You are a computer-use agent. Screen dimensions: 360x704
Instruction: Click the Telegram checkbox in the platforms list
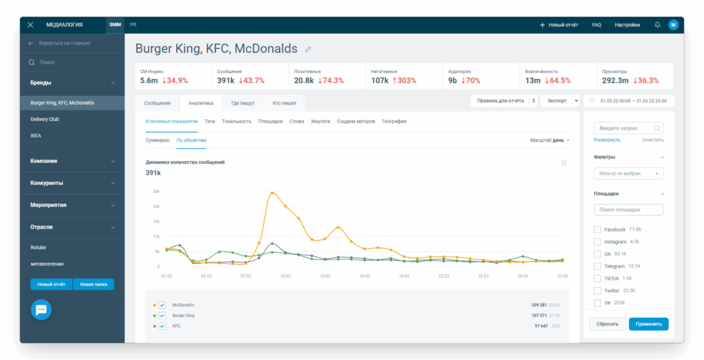click(x=597, y=266)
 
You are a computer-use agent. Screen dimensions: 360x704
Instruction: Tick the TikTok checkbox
click(x=597, y=279)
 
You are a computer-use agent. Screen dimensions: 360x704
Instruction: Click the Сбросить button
click(x=608, y=324)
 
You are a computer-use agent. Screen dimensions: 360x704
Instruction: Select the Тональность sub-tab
click(x=236, y=122)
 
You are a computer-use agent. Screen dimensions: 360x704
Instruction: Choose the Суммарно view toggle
click(x=157, y=140)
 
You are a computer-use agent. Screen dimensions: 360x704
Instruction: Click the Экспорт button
click(x=556, y=101)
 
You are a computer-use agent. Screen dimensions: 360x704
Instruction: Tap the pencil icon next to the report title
click(x=308, y=50)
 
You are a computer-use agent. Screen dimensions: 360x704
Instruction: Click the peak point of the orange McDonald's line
click(x=272, y=193)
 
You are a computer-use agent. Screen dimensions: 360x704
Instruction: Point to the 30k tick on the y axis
click(x=156, y=192)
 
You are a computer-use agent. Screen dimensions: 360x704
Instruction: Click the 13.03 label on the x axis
click(x=324, y=276)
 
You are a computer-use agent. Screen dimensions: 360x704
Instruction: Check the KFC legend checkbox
click(x=162, y=326)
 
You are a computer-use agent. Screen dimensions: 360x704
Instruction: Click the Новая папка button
click(x=93, y=285)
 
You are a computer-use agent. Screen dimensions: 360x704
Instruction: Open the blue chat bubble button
click(x=41, y=310)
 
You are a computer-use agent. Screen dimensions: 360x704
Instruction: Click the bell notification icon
click(x=657, y=25)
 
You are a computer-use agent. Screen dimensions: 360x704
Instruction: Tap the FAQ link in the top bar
click(x=596, y=25)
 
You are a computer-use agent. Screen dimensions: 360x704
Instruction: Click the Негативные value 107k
click(x=380, y=81)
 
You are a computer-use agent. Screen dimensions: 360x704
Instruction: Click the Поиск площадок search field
click(x=629, y=210)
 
